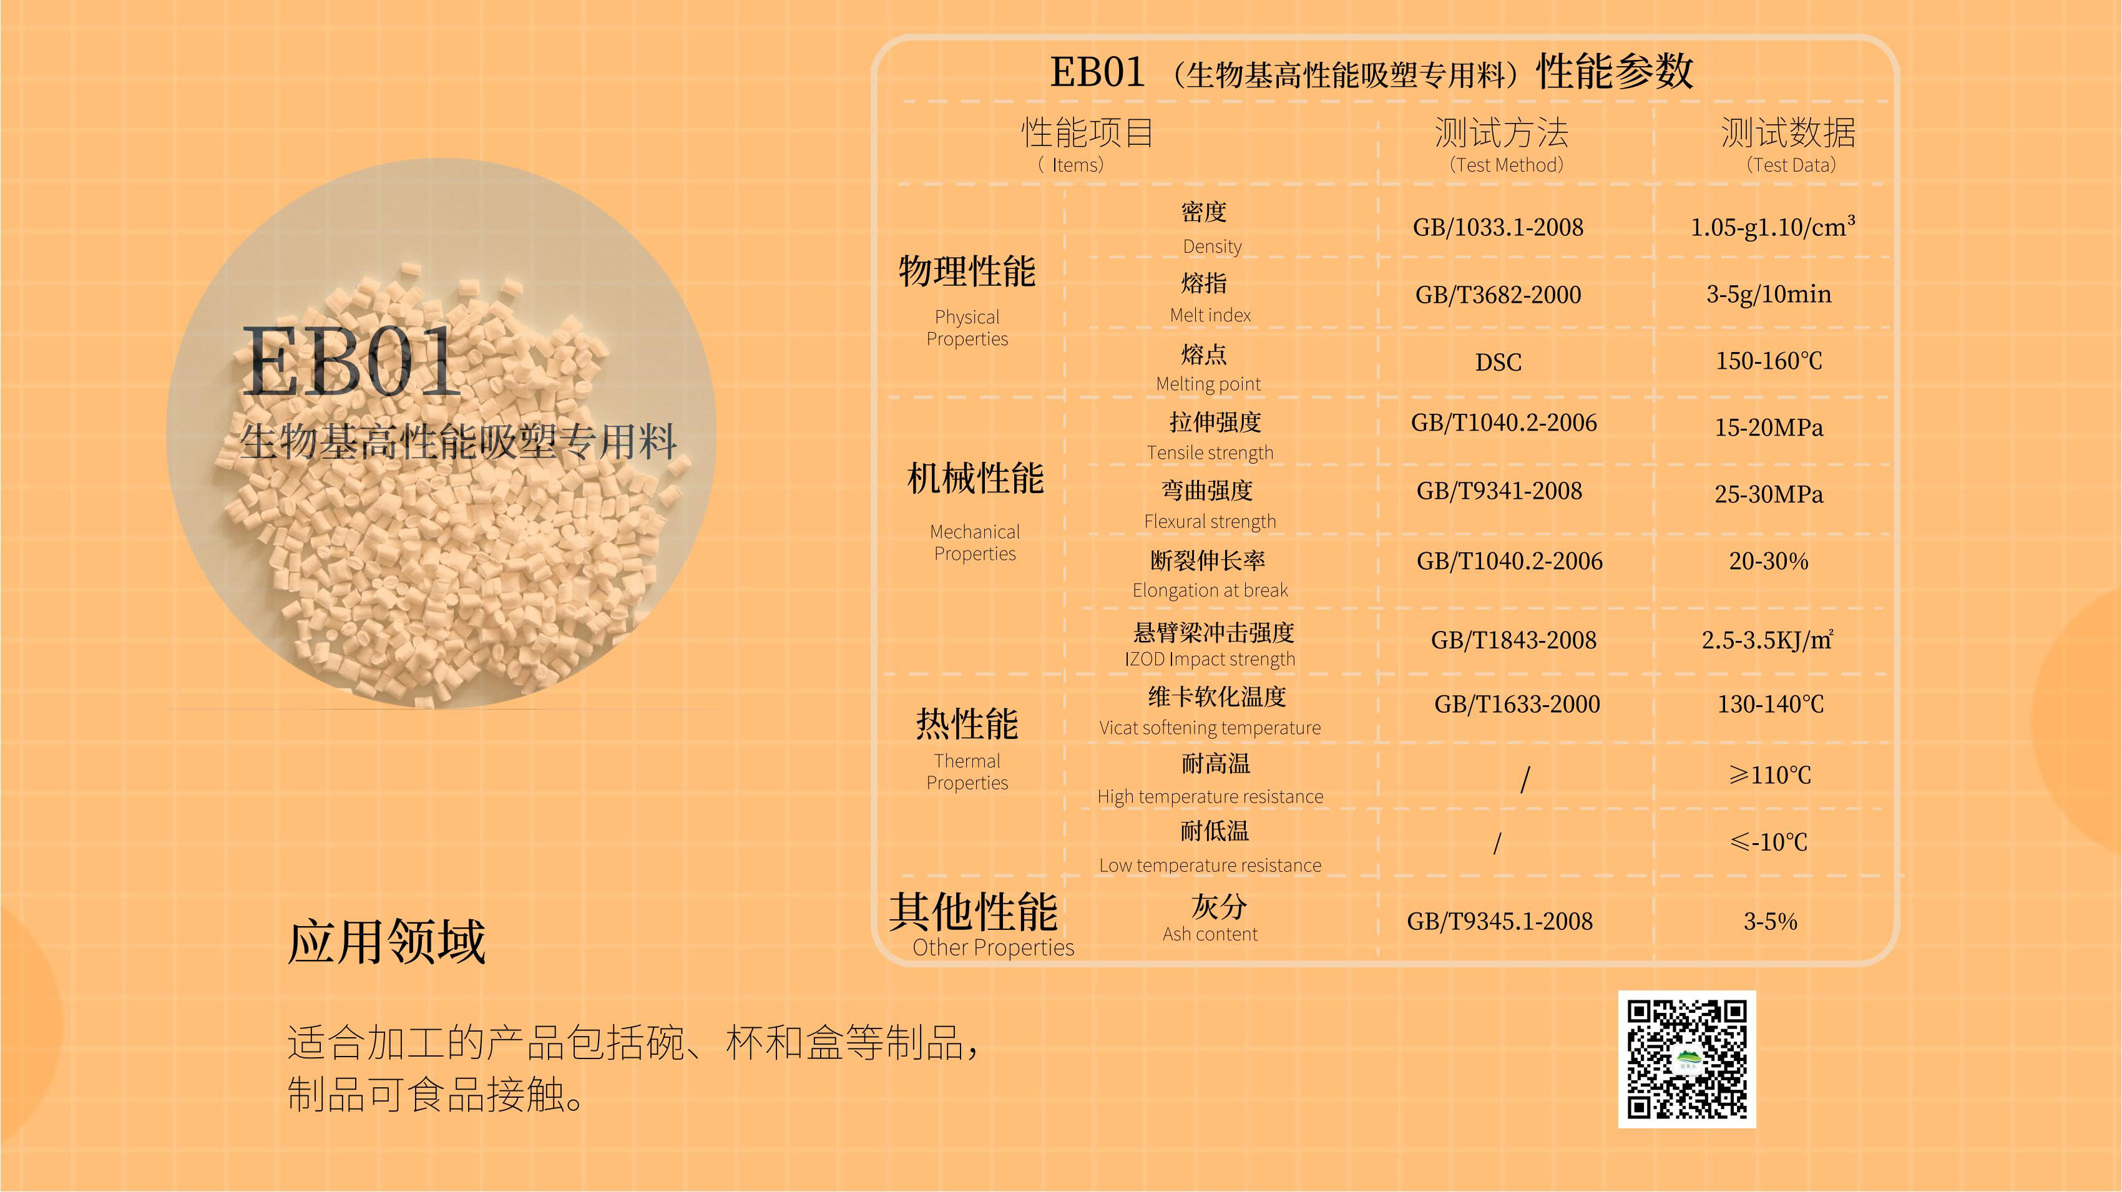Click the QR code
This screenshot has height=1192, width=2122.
click(1686, 1058)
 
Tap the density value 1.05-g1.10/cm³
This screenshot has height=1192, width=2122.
click(1772, 227)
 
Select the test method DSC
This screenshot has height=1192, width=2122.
click(1498, 361)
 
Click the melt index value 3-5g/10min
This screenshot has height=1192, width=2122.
click(1769, 294)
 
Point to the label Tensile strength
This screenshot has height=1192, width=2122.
click(1210, 452)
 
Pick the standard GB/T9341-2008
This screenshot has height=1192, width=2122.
click(1499, 491)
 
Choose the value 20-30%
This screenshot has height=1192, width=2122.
click(1769, 561)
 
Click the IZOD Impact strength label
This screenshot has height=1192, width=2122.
click(1210, 659)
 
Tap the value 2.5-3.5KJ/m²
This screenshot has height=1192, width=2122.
click(1768, 639)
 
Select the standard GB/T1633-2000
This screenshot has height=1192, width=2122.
click(1517, 705)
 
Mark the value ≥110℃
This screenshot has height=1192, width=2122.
click(1769, 774)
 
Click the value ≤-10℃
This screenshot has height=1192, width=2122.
click(1769, 842)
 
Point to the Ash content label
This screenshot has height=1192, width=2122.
click(1210, 934)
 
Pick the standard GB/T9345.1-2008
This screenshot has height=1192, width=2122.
click(1499, 921)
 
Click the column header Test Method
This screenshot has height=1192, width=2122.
click(1506, 165)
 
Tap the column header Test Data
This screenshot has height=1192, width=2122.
click(1791, 165)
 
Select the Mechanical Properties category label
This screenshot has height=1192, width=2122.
click(974, 542)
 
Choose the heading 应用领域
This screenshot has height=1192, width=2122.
click(386, 940)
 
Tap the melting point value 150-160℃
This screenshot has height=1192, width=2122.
click(1769, 361)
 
